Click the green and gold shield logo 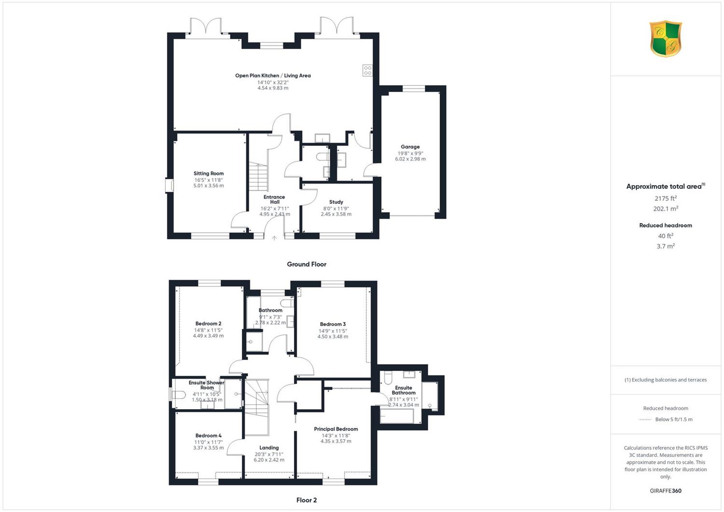coord(666,39)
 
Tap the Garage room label coord(410,147)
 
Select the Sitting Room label coord(209,173)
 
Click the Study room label coord(336,202)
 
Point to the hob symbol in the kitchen coord(367,71)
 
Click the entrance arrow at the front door coord(275,238)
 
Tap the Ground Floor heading coord(306,264)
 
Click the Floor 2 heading coord(306,500)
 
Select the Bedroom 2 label coord(209,324)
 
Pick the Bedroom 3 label coord(333,324)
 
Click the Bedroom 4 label coord(209,436)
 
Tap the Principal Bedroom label coord(336,429)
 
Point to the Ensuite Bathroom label coord(404,390)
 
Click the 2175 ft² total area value coord(666,198)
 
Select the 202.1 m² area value coord(666,209)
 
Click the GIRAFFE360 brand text coord(666,491)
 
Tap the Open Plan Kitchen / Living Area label coord(273,76)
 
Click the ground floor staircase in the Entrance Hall coord(258,177)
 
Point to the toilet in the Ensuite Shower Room coord(179,395)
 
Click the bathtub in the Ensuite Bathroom coord(397,416)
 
